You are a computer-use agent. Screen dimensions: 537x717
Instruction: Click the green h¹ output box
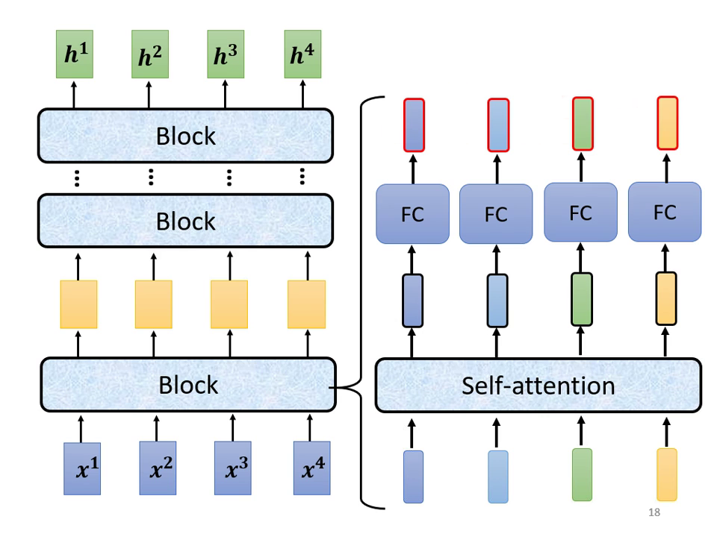73,56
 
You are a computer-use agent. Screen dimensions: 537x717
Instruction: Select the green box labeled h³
226,56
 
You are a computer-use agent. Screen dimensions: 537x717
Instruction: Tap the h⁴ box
302,56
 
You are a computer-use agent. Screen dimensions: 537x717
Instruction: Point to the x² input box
158,468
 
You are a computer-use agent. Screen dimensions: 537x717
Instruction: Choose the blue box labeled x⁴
309,468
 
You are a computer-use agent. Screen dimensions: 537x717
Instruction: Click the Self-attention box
538,385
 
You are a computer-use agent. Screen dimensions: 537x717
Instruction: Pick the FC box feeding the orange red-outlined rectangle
665,212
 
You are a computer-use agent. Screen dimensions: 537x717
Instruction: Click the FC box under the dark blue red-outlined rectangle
412,214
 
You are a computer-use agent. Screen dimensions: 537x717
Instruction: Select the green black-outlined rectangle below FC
583,299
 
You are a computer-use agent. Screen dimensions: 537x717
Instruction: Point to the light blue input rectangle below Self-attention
498,474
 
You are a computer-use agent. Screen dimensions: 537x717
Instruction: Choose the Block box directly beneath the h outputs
185,136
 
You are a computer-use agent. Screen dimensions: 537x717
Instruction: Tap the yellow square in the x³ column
229,304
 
